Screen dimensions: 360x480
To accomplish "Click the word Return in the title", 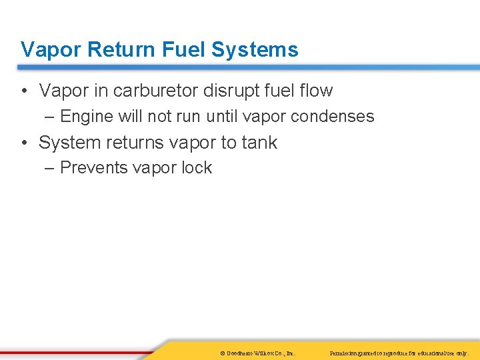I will [x=111, y=50].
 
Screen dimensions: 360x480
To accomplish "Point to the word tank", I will [x=259, y=143].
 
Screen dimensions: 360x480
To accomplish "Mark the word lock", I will [x=196, y=168].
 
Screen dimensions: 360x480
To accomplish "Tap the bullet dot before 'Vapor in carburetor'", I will [x=24, y=91].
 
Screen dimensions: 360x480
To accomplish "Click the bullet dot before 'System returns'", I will [x=24, y=143].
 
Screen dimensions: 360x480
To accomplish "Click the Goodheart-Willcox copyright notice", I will [x=257, y=352].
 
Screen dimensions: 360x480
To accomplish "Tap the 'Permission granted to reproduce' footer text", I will [x=399, y=352].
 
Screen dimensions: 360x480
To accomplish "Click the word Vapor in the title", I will [x=47, y=50].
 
